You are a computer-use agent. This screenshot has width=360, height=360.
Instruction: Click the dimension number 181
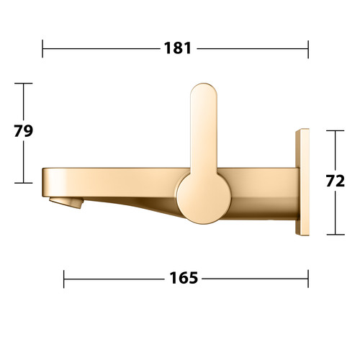pyautogui.click(x=178, y=48)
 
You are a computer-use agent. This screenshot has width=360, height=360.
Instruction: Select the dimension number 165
pyautogui.click(x=184, y=278)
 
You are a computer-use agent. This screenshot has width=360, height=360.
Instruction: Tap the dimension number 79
pyautogui.click(x=23, y=131)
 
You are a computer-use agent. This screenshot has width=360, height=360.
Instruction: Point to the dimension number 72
pyautogui.click(x=336, y=181)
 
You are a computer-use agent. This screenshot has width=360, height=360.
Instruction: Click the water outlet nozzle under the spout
pyautogui.click(x=66, y=202)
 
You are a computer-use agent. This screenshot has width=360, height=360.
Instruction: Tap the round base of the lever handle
pyautogui.click(x=204, y=198)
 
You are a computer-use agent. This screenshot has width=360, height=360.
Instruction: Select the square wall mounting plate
pyautogui.click(x=302, y=182)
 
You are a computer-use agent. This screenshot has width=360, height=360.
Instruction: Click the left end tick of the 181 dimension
pyautogui.click(x=42, y=49)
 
